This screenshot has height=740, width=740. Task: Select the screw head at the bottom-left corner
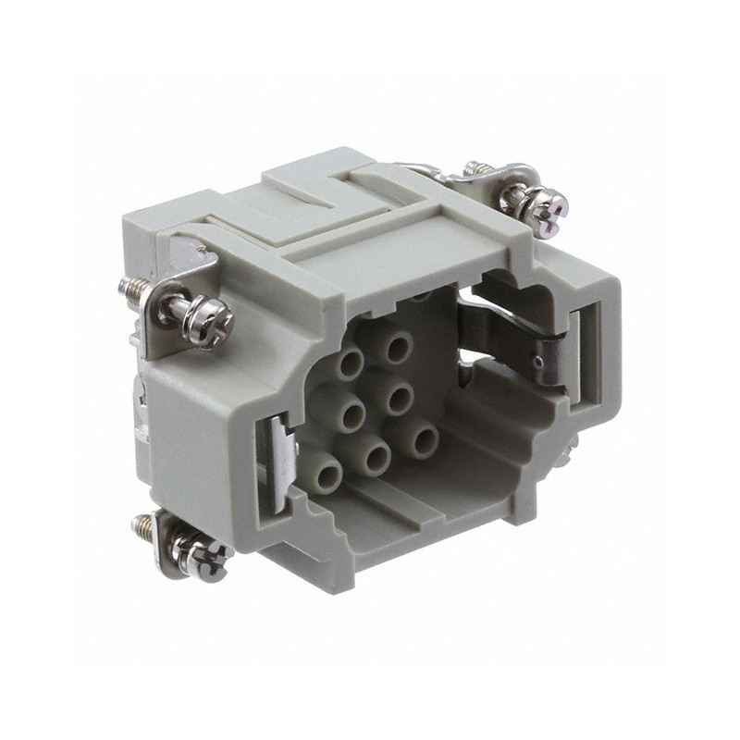point(205,561)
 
